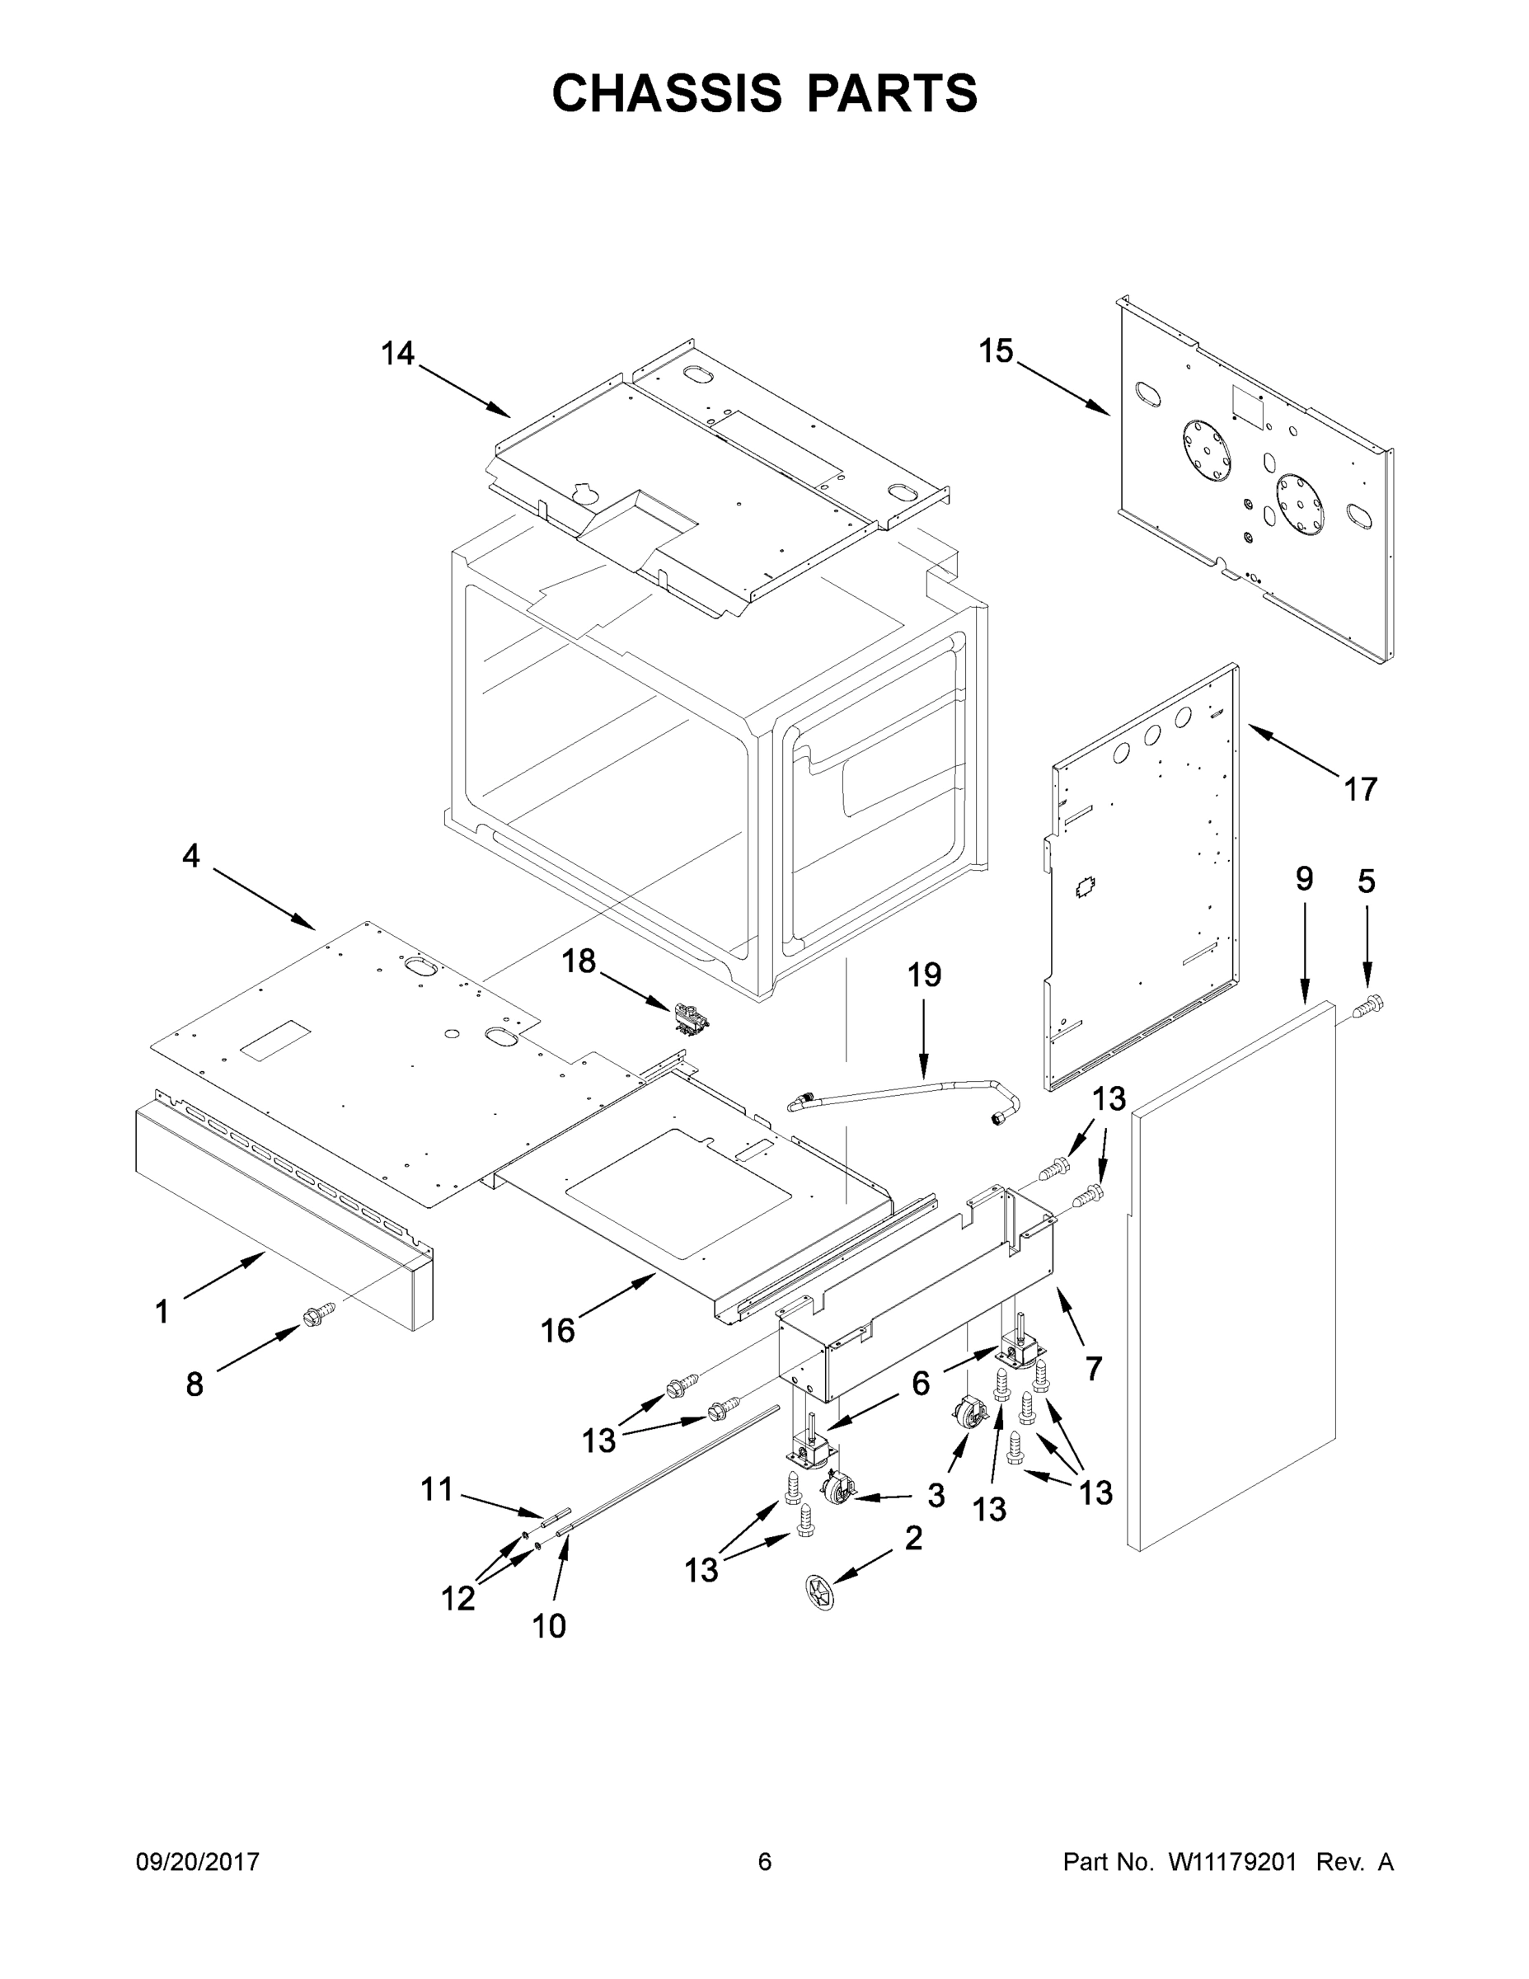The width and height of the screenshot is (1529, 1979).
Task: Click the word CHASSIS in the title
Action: [667, 92]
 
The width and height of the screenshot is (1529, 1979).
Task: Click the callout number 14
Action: [396, 354]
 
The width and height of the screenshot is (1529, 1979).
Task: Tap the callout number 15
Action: [996, 350]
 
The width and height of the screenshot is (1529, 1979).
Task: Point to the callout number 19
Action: [924, 975]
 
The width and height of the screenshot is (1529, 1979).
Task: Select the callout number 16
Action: [558, 1330]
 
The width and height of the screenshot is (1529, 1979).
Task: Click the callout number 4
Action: [191, 854]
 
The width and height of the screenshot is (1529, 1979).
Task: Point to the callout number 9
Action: [1303, 878]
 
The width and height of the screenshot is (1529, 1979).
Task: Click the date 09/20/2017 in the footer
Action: [198, 1862]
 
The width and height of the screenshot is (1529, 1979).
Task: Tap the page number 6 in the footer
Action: [765, 1862]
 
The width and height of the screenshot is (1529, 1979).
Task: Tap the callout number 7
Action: [1093, 1368]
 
